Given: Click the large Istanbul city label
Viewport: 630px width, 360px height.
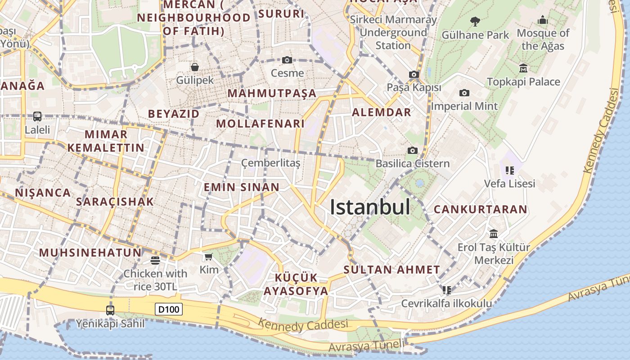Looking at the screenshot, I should point(370,207).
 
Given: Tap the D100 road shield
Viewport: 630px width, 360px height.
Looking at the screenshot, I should point(169,309).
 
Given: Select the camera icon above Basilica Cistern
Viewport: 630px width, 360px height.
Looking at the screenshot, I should point(412,150).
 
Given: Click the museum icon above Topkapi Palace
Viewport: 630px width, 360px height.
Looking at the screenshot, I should point(523,68).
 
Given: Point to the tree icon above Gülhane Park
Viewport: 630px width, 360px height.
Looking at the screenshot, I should point(475,21).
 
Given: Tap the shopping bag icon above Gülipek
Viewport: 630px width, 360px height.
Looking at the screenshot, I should point(195,67).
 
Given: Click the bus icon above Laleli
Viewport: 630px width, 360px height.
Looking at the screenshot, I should point(37,117).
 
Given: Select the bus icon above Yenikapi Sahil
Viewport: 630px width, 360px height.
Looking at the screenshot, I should point(110,310).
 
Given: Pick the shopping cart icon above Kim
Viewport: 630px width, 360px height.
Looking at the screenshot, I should point(208,257).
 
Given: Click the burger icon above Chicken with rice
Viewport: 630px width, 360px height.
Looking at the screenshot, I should point(155,260).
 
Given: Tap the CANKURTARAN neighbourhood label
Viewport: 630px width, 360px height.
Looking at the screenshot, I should point(480,209).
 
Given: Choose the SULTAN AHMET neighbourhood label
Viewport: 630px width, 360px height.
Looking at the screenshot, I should point(391,270).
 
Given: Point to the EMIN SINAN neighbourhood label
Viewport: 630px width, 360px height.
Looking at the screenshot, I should point(242,187).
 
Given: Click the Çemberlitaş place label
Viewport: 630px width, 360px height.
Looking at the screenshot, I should point(271,163).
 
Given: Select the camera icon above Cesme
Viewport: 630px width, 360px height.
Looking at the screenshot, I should point(287,60).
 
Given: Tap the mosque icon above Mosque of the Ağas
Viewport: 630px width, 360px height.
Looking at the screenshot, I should point(543,20).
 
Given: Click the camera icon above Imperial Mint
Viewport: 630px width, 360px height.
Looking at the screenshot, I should point(464,93).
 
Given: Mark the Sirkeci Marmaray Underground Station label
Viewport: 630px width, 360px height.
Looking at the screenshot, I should point(393,32).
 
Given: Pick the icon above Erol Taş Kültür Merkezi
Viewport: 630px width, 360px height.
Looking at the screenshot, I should point(494,234).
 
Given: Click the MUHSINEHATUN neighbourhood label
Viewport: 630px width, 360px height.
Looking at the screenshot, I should point(90,252).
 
